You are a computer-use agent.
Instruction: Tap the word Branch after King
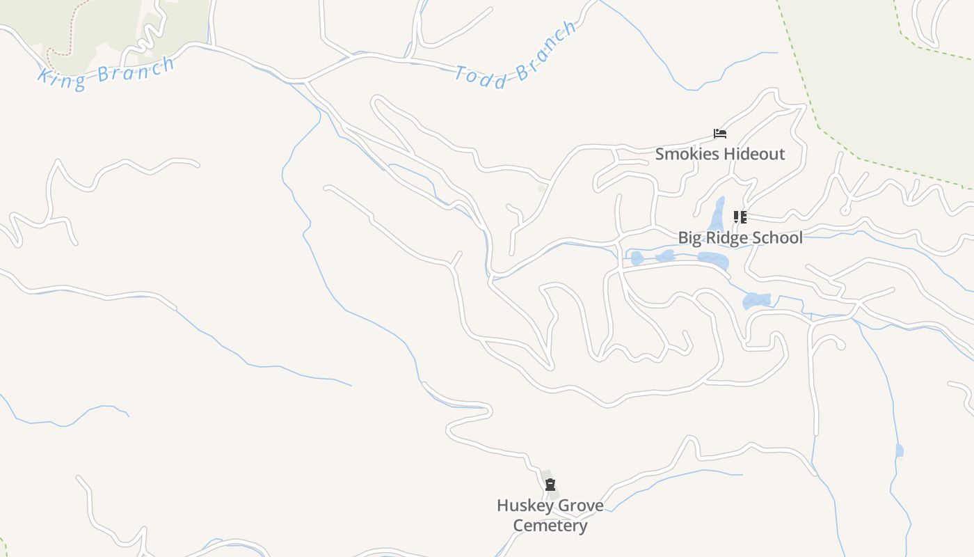136,70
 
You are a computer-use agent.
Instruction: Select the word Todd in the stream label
481,77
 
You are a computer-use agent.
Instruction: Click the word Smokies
687,154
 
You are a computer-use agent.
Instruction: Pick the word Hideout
753,154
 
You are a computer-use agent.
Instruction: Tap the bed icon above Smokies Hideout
720,134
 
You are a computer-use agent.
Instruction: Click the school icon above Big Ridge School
740,217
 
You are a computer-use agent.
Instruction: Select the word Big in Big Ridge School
690,238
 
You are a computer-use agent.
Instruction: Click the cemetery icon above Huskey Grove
550,485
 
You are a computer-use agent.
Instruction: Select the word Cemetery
550,526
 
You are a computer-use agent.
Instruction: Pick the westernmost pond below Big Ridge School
637,258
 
